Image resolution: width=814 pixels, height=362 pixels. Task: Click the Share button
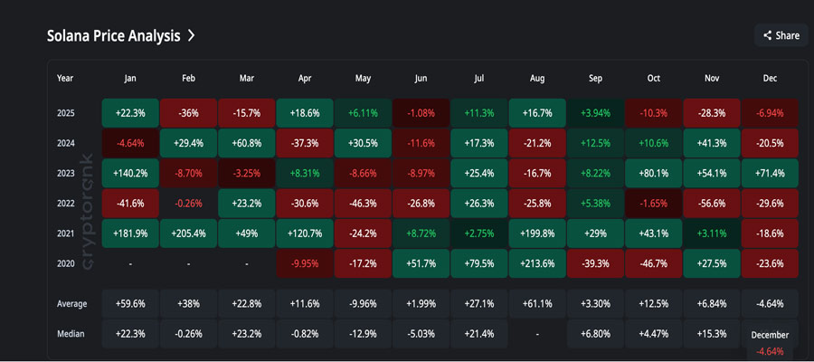tap(781, 35)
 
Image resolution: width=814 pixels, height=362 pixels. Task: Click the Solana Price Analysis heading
tap(113, 36)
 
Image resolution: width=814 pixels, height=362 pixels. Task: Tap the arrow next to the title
tap(192, 36)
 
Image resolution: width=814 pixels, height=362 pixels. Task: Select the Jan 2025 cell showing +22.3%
tap(130, 112)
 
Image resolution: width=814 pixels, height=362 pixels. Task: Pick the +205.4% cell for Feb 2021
tap(188, 233)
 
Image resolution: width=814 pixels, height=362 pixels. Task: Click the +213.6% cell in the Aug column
tap(537, 263)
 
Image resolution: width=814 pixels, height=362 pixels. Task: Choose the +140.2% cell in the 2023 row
tap(130, 173)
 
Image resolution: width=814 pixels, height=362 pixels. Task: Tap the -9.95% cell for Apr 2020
tap(305, 263)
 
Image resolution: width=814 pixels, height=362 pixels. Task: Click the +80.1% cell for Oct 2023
tap(653, 173)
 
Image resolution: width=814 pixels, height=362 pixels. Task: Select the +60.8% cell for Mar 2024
tap(247, 143)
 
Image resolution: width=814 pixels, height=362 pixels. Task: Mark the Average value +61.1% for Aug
tap(537, 302)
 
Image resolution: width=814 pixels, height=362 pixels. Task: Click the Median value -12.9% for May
tap(363, 334)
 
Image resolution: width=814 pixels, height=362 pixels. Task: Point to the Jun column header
tap(421, 79)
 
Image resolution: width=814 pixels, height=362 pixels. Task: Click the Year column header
tap(65, 79)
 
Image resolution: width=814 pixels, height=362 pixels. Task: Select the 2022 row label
tap(66, 203)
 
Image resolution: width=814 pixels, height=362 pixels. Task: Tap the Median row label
tap(71, 334)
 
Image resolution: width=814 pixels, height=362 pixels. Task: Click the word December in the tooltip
tap(770, 335)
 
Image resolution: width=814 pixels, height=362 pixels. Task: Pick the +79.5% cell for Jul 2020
tap(479, 263)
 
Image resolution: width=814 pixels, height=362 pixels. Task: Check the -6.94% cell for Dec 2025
tap(770, 112)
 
